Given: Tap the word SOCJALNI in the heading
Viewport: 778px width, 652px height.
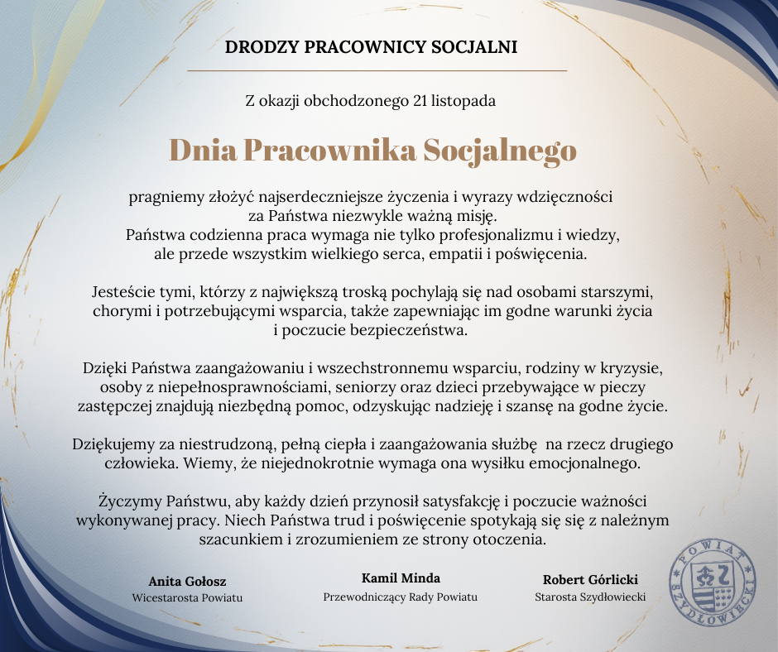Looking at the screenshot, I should pyautogui.click(x=475, y=47).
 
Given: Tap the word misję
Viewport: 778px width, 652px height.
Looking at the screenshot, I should pyautogui.click(x=473, y=217).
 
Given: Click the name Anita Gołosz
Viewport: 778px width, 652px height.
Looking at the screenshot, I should pyautogui.click(x=187, y=580).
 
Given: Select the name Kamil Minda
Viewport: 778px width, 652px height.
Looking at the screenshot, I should pyautogui.click(x=401, y=578).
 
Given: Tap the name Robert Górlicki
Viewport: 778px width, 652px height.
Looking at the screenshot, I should pyautogui.click(x=590, y=579).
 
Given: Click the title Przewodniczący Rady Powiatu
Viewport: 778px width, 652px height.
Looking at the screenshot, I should pyautogui.click(x=401, y=597).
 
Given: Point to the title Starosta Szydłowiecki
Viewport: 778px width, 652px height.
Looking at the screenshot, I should pyautogui.click(x=590, y=597).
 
